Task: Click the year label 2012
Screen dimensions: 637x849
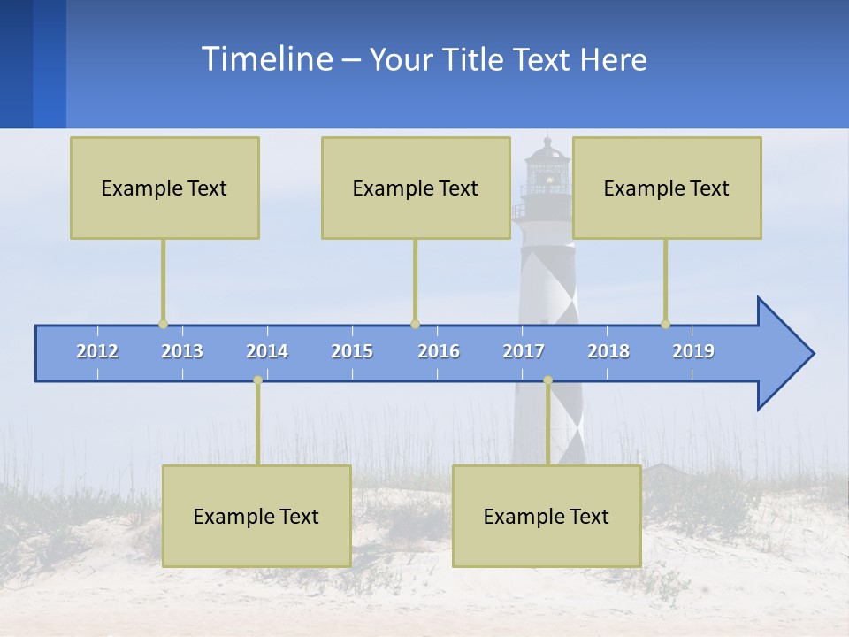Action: click(97, 351)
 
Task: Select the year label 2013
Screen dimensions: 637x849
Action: click(182, 351)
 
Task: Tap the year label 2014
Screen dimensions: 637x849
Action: click(267, 351)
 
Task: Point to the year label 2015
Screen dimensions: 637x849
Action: click(352, 351)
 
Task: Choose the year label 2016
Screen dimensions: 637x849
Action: click(439, 351)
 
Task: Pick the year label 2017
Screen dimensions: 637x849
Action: click(524, 351)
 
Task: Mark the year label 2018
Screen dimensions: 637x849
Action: click(608, 351)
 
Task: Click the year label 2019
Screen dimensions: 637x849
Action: click(693, 351)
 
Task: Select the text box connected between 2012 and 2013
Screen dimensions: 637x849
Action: click(164, 188)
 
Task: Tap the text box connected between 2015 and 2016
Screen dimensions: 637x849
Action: click(416, 188)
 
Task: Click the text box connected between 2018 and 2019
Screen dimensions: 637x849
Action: click(667, 188)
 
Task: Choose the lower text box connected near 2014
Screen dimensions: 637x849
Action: click(256, 516)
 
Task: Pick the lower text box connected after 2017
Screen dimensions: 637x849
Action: click(547, 516)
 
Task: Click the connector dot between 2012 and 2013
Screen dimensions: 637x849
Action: click(163, 325)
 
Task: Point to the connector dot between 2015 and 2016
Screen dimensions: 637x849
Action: click(416, 325)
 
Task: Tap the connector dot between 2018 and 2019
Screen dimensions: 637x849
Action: click(666, 325)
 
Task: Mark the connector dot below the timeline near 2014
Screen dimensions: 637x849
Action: click(257, 380)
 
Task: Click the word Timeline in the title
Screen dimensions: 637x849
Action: click(265, 59)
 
